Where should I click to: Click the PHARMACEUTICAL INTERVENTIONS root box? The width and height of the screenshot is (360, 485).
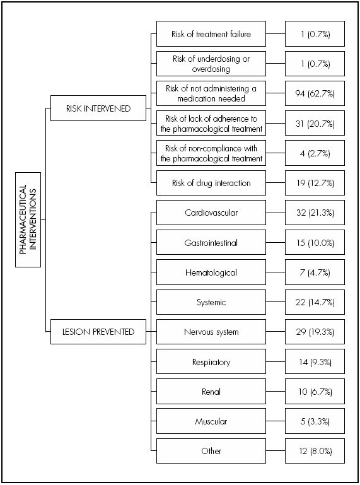[x=28, y=219]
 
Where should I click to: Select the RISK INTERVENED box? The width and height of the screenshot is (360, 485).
[x=98, y=108]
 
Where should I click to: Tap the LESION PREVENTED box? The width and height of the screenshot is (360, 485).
[x=98, y=332]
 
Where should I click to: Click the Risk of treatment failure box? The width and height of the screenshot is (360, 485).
[x=211, y=34]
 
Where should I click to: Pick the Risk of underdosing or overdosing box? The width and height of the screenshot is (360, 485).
[x=211, y=64]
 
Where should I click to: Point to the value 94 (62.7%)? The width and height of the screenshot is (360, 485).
[x=314, y=93]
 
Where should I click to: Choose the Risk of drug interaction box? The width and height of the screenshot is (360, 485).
[x=211, y=183]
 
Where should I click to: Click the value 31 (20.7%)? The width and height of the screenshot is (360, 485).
[x=314, y=124]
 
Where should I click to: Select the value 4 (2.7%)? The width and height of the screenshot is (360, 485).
[x=314, y=153]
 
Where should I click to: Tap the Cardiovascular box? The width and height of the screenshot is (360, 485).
[x=211, y=213]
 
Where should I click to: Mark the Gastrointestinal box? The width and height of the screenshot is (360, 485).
[x=211, y=242]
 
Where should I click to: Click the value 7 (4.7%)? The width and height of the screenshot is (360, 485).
[x=314, y=272]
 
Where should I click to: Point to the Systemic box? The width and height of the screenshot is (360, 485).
[x=211, y=302]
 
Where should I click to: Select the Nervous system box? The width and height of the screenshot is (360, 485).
[x=211, y=332]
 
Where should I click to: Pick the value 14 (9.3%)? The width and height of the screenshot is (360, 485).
[x=314, y=362]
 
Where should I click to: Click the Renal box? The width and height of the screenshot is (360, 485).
[x=211, y=392]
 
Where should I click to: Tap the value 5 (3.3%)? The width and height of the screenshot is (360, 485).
[x=314, y=421]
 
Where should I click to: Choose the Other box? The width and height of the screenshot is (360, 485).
[x=211, y=451]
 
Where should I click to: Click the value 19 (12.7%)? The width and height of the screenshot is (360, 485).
[x=314, y=183]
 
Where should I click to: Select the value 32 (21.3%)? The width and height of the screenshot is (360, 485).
[x=314, y=213]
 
